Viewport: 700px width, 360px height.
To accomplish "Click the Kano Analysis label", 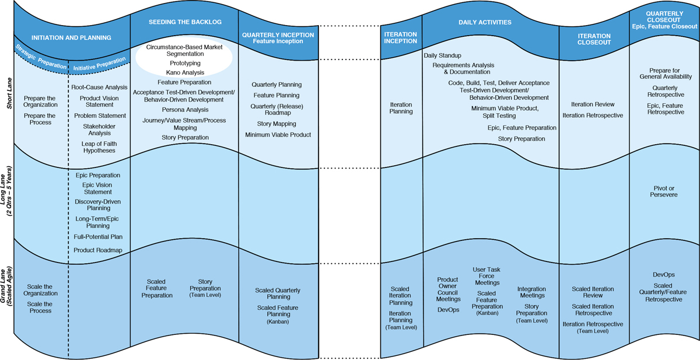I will pos(185,72).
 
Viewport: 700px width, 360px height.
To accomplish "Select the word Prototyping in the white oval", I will pos(185,62).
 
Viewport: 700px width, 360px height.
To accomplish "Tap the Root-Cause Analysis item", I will pos(99,87).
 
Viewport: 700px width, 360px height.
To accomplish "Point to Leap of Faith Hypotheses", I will pos(99,146).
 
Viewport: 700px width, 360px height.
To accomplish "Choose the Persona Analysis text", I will pos(184,110).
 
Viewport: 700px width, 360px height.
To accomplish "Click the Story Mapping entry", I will pos(276,124).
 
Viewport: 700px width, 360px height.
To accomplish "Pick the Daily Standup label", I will pos(443,55).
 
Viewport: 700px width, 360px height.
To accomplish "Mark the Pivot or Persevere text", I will pos(664,192).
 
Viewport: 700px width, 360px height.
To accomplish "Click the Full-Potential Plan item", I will pos(97,237).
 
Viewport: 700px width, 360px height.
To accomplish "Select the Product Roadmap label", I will pos(97,250).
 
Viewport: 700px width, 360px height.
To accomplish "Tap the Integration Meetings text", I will pos(531,292).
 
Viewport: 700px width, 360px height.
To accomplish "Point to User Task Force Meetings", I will pos(487,276).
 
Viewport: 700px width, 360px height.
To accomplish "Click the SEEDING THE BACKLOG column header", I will pos(184,22).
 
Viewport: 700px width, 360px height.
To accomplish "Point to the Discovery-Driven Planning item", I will pos(97,205).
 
